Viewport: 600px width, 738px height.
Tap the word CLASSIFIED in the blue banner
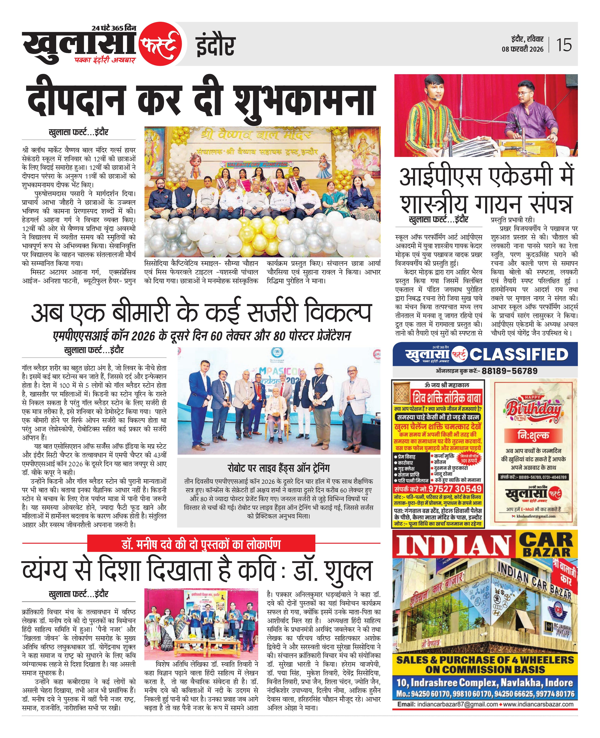tap(519, 355)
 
